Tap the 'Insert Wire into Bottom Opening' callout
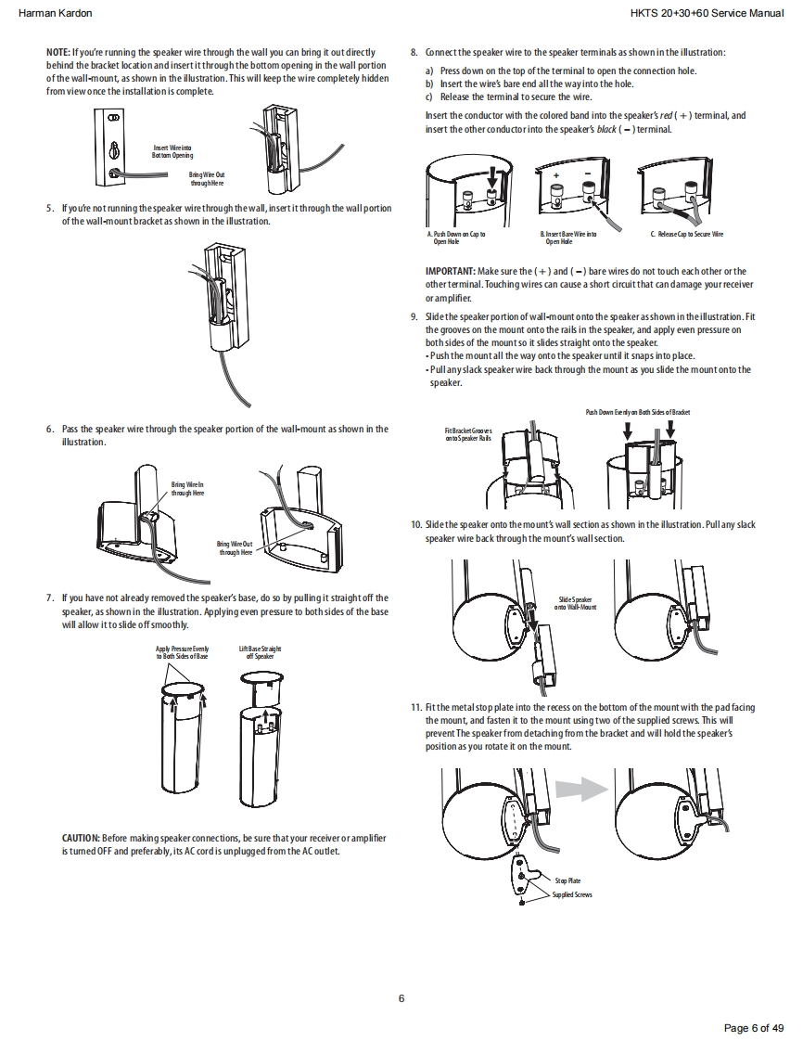click(x=172, y=151)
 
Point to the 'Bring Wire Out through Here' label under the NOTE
click(x=206, y=178)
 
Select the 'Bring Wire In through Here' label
click(x=188, y=488)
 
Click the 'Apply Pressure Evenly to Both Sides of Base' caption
click(x=182, y=652)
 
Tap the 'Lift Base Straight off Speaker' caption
click(x=260, y=652)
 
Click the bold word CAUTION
click(x=81, y=839)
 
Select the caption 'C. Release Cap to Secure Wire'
click(x=686, y=235)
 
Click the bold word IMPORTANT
click(x=450, y=272)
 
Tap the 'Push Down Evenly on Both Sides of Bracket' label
click(x=638, y=412)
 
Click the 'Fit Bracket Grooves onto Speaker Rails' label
click(x=468, y=434)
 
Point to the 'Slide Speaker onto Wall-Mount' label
click(x=575, y=604)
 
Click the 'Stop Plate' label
click(x=567, y=880)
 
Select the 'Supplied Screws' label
click(x=572, y=894)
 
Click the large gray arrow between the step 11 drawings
click(x=581, y=789)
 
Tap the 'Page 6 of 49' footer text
click(x=754, y=1027)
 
